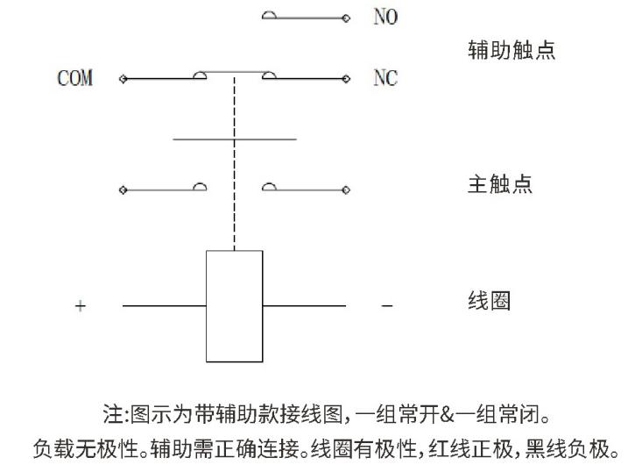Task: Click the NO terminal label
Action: click(x=385, y=17)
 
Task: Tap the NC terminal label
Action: click(x=385, y=77)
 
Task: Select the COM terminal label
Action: click(x=75, y=78)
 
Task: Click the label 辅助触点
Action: click(x=511, y=50)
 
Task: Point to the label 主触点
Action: click(x=500, y=183)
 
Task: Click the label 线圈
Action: click(x=490, y=301)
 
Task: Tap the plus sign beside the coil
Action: click(x=81, y=306)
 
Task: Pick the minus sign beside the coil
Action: click(x=387, y=306)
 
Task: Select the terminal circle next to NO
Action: click(x=346, y=18)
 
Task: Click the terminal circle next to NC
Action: click(x=346, y=79)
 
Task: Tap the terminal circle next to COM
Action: click(x=123, y=79)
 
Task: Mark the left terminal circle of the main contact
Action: click(x=123, y=190)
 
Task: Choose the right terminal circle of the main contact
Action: click(x=346, y=190)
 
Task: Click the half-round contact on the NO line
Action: click(x=269, y=15)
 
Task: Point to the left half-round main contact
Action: click(x=200, y=187)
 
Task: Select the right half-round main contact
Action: click(x=269, y=187)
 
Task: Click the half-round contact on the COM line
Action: click(x=200, y=75)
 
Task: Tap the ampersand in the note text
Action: click(x=447, y=414)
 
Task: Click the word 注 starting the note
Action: click(x=113, y=414)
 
